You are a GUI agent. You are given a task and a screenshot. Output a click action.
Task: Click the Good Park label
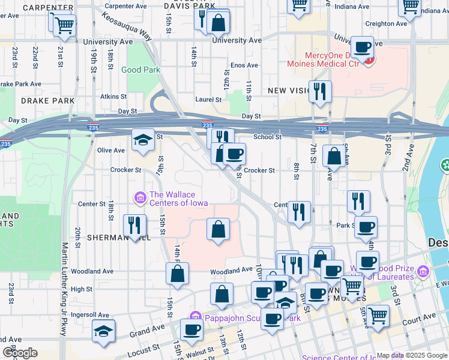click(x=140, y=70)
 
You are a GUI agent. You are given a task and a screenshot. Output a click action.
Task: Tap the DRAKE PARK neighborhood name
click(x=47, y=101)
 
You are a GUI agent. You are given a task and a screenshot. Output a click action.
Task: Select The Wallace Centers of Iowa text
click(x=178, y=199)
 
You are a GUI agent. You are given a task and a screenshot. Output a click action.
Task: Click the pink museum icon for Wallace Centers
click(x=140, y=196)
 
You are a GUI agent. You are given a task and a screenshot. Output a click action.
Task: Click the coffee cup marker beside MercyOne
click(x=363, y=47)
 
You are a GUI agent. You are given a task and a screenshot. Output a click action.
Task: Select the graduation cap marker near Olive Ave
click(x=143, y=140)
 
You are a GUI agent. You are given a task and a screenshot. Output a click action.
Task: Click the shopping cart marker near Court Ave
click(x=378, y=316)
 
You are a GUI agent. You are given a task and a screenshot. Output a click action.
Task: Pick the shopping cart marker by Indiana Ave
click(x=409, y=7)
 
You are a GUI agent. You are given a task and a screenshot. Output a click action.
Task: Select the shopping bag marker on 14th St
click(x=178, y=274)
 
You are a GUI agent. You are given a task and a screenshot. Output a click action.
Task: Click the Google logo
click(x=20, y=353)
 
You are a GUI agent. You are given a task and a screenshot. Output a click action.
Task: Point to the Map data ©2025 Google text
click(x=411, y=355)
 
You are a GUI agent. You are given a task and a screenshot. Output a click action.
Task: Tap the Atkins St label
click(x=113, y=96)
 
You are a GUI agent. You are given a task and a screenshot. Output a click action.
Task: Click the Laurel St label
click(x=208, y=100)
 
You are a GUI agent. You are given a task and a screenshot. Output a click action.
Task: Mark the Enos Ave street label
click(x=244, y=65)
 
